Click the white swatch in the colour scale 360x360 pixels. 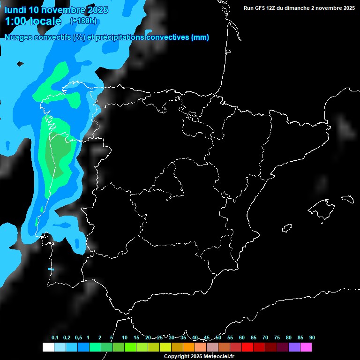(48, 347)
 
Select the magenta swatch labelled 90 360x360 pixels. (306, 347)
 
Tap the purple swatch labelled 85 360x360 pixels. (294, 347)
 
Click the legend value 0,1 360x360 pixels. (55, 338)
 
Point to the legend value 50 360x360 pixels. (218, 338)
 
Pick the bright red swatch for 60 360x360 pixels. (247, 347)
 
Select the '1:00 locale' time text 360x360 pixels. (33, 21)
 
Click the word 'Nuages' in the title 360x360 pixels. (18, 37)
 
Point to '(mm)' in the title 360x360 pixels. (200, 37)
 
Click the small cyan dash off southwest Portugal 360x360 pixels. (51, 269)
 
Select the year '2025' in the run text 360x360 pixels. (346, 8)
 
